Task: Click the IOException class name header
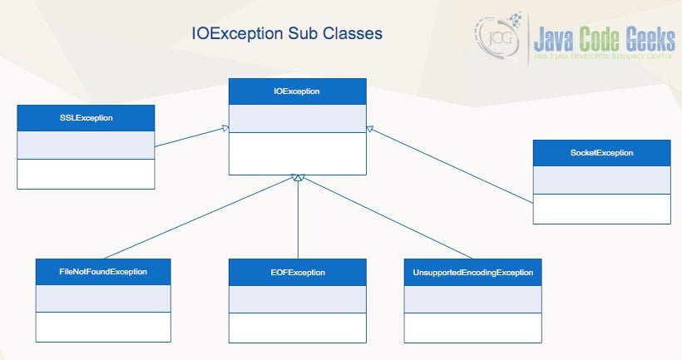click(297, 91)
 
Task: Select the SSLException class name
click(86, 118)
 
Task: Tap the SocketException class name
click(601, 153)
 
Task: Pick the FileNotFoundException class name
click(103, 272)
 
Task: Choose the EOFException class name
click(297, 272)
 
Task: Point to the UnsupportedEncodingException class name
click(472, 272)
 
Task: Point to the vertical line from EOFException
click(298, 220)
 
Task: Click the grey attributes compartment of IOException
click(297, 118)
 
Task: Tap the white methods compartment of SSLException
click(86, 173)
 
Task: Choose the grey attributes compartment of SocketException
click(601, 180)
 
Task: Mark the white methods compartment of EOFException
click(297, 327)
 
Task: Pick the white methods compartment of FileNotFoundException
click(103, 327)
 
